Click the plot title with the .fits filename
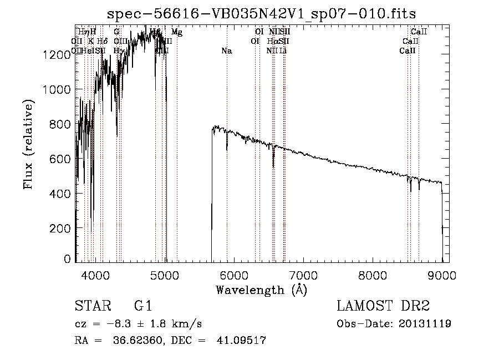click(x=261, y=13)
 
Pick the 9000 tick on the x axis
click(x=442, y=275)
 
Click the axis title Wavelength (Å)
click(x=261, y=290)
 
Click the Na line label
click(x=226, y=51)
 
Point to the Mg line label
click(x=176, y=32)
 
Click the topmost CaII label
click(x=419, y=32)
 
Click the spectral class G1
click(x=142, y=307)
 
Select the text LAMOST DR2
click(x=383, y=307)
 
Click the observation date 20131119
click(x=425, y=324)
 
